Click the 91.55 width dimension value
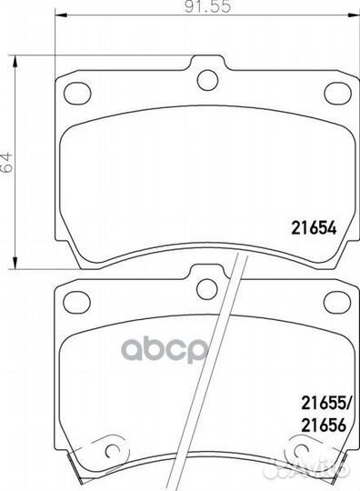[x=207, y=6]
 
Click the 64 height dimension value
[x=7, y=162]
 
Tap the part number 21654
[x=314, y=228]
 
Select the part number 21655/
[x=326, y=404]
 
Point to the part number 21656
[x=324, y=426]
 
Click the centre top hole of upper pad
[x=207, y=79]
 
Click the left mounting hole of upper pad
[x=77, y=93]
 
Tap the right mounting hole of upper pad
[x=338, y=93]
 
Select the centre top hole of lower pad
[x=207, y=288]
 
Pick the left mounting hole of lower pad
[x=76, y=302]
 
